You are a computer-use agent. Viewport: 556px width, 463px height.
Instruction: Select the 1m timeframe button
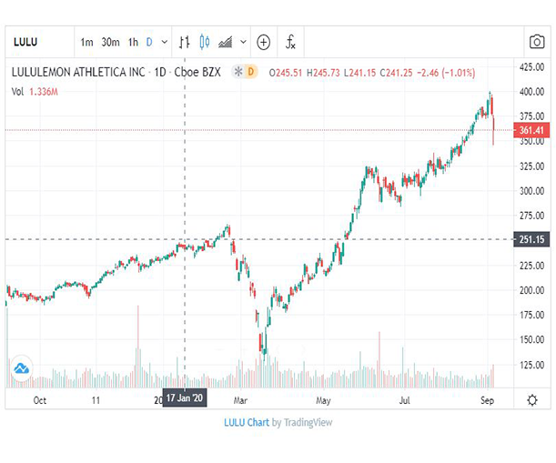tap(86, 42)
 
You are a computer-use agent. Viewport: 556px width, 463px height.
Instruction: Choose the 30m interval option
tap(110, 42)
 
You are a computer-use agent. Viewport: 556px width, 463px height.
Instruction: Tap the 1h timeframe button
tap(133, 42)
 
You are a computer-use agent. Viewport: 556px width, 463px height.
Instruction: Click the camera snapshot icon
tap(537, 42)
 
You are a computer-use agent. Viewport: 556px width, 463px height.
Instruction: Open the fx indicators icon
tap(290, 42)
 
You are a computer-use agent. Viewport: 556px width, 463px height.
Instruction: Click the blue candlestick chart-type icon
tap(204, 42)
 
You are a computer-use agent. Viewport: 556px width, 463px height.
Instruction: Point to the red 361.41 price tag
tap(531, 130)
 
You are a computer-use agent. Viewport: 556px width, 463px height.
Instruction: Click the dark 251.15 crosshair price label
tap(531, 239)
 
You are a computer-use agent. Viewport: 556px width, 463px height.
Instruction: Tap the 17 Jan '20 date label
tap(185, 398)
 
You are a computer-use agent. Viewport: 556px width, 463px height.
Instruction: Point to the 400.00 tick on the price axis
tap(531, 92)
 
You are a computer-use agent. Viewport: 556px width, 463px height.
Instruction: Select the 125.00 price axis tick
tap(531, 365)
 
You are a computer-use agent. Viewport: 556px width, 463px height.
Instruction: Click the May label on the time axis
tap(323, 400)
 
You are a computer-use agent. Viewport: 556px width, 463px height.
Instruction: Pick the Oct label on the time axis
tap(40, 400)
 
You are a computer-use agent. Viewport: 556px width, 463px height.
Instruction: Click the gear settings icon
tap(532, 400)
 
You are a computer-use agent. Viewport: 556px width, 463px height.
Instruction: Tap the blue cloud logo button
tap(22, 368)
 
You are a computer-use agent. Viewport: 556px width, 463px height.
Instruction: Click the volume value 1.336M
tap(44, 92)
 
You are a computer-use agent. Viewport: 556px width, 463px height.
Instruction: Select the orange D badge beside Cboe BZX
tap(250, 72)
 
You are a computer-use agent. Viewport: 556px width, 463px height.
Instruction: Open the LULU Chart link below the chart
tap(247, 422)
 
